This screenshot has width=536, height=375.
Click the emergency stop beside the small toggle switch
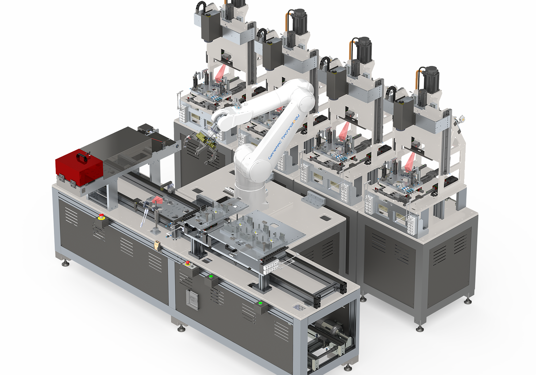(x=188, y=263)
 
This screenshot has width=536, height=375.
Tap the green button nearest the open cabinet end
(x=261, y=303)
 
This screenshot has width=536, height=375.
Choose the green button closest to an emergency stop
(x=211, y=277)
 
